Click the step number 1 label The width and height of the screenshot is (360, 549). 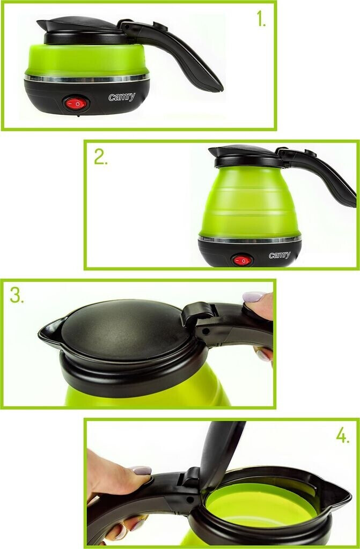point(261,19)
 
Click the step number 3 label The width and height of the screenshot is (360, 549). point(17,295)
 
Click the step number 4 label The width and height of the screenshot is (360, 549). point(342,435)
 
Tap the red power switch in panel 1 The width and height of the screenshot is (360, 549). point(75,103)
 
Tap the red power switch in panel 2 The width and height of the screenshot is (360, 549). point(242,260)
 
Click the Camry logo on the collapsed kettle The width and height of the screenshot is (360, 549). point(122,97)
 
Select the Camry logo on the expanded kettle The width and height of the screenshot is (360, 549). point(280,255)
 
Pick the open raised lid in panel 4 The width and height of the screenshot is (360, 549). point(221,451)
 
